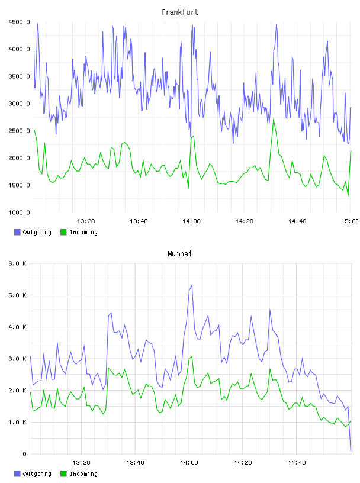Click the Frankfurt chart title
[x=180, y=12]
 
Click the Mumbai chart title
[x=179, y=254]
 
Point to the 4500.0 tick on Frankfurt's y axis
[x=19, y=22]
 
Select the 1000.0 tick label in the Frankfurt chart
[x=19, y=212]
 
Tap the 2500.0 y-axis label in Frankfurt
[x=19, y=131]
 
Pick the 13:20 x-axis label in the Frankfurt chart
[x=86, y=221]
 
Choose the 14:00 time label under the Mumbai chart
[x=189, y=463]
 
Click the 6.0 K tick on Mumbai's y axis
[x=17, y=263]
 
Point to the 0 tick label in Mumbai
[x=24, y=454]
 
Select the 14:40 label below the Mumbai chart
[x=297, y=463]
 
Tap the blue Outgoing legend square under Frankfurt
[x=17, y=232]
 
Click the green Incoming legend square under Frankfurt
[x=63, y=232]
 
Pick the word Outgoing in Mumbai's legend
[x=37, y=474]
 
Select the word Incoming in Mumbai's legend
[x=83, y=474]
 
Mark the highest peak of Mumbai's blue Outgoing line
[x=192, y=285]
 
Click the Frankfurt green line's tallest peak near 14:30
[x=274, y=119]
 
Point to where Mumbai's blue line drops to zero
[x=351, y=451]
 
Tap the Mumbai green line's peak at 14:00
[x=192, y=357]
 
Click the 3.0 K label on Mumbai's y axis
[x=17, y=359]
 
